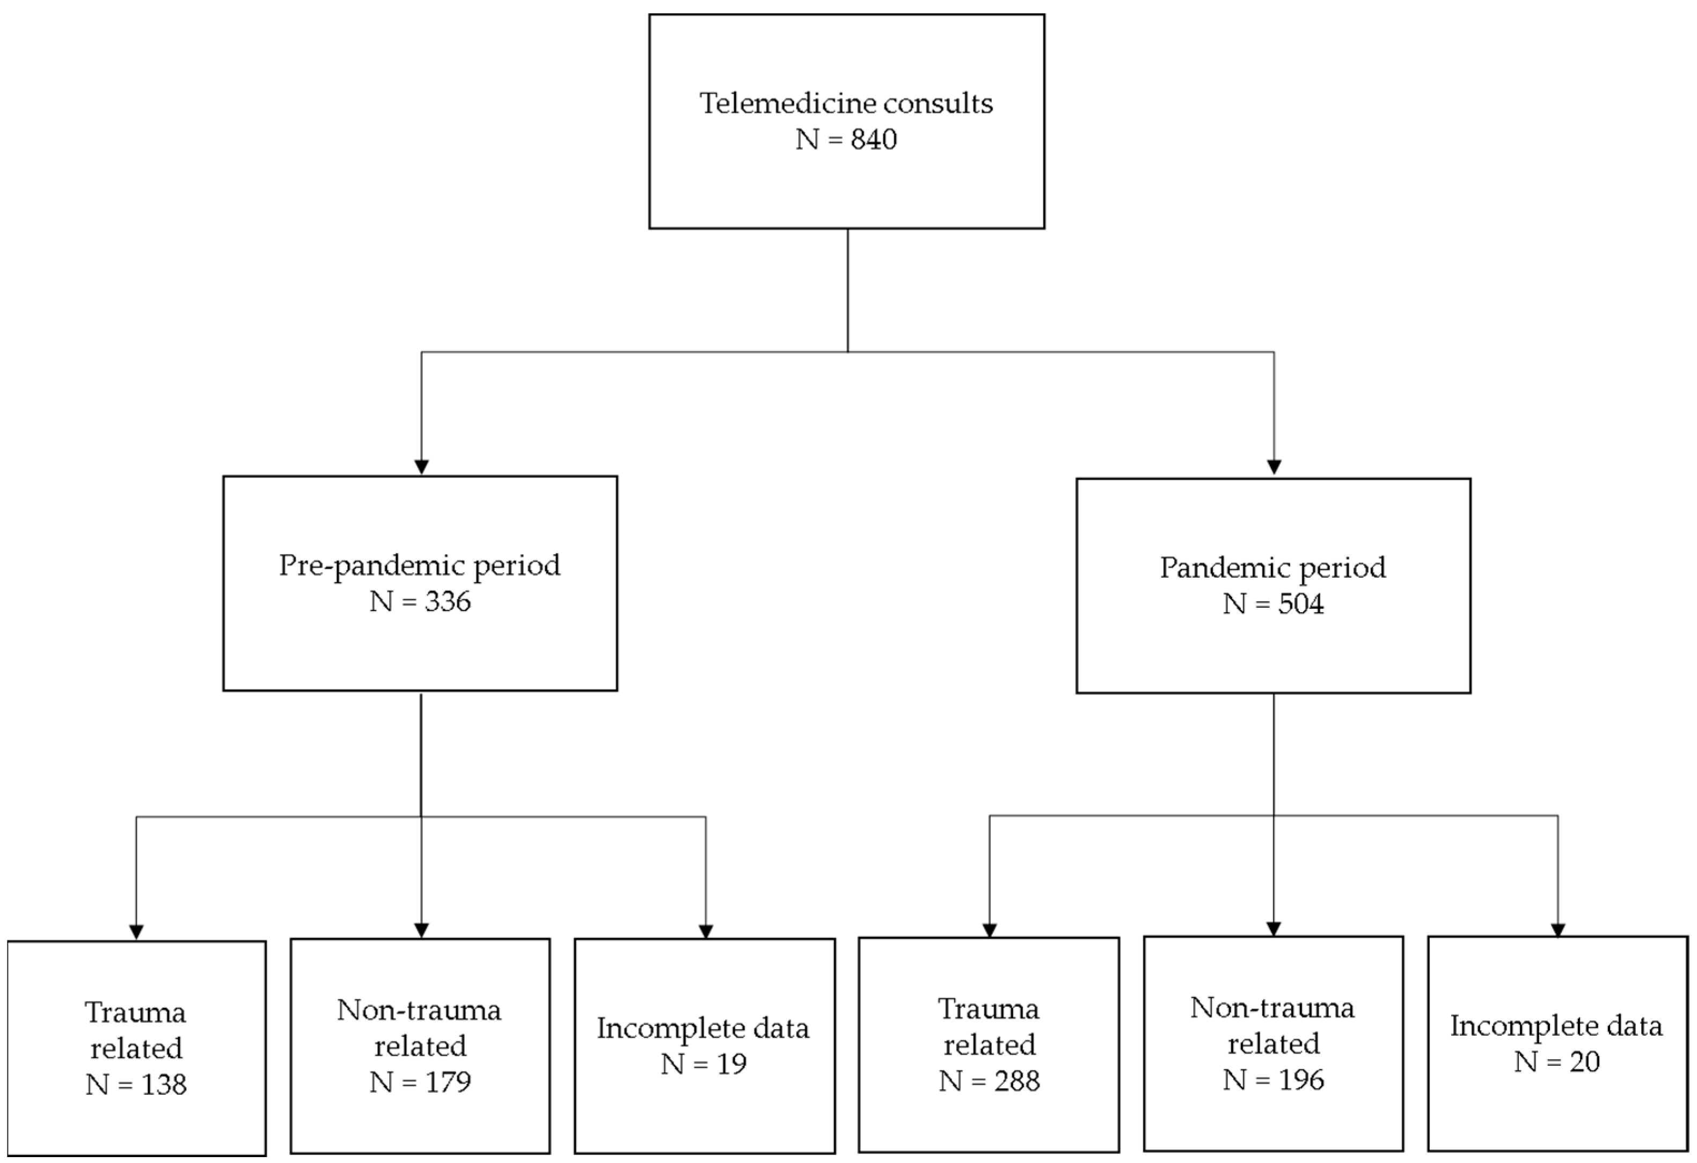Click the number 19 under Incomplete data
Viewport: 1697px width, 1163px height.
[731, 1064]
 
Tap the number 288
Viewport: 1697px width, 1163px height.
[1016, 1081]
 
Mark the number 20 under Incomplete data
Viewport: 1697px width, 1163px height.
[1584, 1062]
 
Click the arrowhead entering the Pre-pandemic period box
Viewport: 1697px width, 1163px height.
[421, 467]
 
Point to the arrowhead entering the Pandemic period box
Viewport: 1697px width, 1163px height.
[1274, 467]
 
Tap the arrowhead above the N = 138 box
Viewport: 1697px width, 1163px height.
[136, 932]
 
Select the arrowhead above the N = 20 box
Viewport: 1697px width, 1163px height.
[1558, 930]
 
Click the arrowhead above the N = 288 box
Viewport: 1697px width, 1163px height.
[990, 930]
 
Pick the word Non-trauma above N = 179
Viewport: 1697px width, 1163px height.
[419, 1011]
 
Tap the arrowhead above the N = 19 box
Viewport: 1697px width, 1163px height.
[705, 932]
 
